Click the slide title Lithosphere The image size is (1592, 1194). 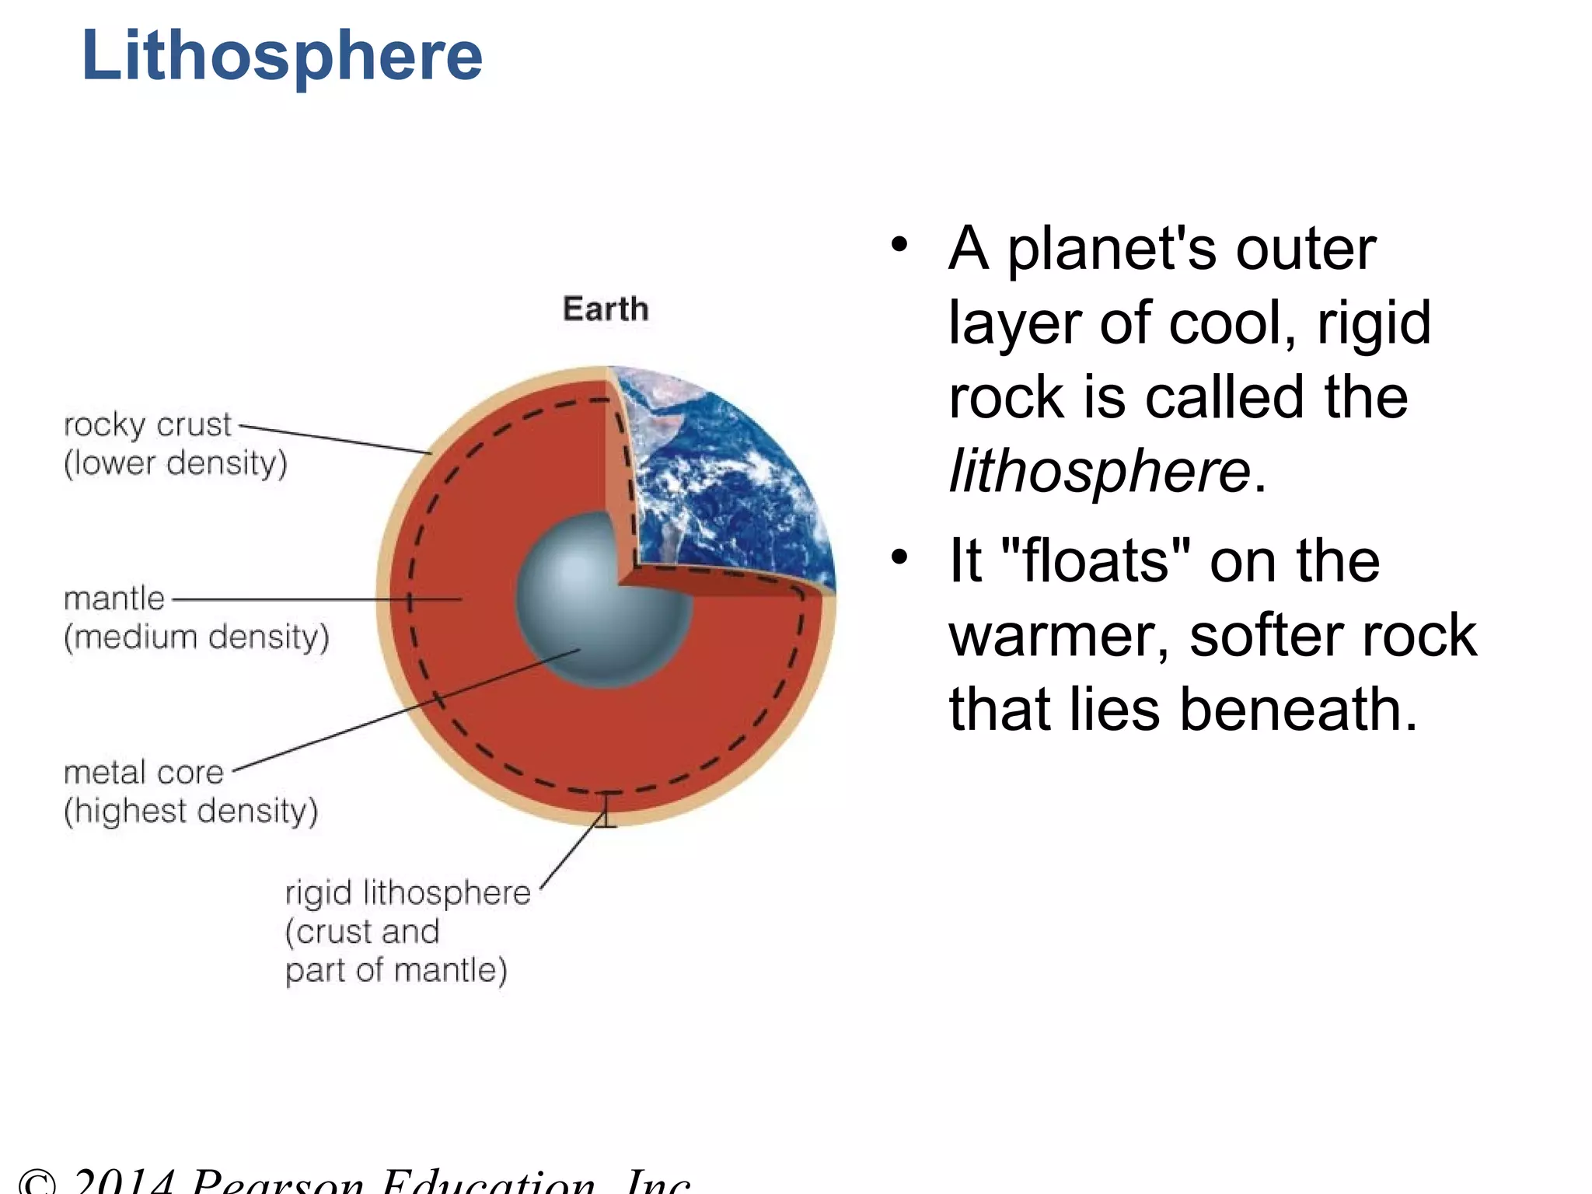click(x=281, y=56)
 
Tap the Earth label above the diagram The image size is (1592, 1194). click(x=606, y=309)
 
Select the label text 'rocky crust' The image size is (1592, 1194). click(x=148, y=424)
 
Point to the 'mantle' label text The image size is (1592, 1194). click(x=114, y=599)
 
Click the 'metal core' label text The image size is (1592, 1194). click(x=144, y=772)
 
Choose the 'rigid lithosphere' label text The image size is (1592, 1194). click(x=407, y=892)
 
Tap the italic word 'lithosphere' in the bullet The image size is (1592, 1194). click(x=1099, y=471)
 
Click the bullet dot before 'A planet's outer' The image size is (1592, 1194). click(x=899, y=246)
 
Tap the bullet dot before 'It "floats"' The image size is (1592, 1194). click(x=899, y=557)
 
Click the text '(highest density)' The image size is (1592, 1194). click(x=191, y=811)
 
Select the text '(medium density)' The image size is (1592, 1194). click(x=197, y=637)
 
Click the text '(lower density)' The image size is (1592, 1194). click(x=176, y=463)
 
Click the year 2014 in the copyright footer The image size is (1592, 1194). click(x=124, y=1182)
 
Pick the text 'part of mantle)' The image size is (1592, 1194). click(x=396, y=971)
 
